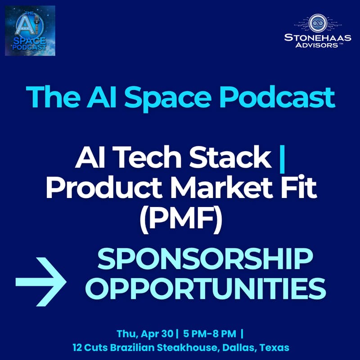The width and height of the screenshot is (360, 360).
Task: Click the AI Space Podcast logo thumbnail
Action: point(30,31)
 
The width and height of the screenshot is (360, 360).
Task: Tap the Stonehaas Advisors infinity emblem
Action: point(317,22)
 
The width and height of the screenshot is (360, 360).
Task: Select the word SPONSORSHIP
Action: point(205,261)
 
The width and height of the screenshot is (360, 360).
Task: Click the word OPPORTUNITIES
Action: point(205,288)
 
